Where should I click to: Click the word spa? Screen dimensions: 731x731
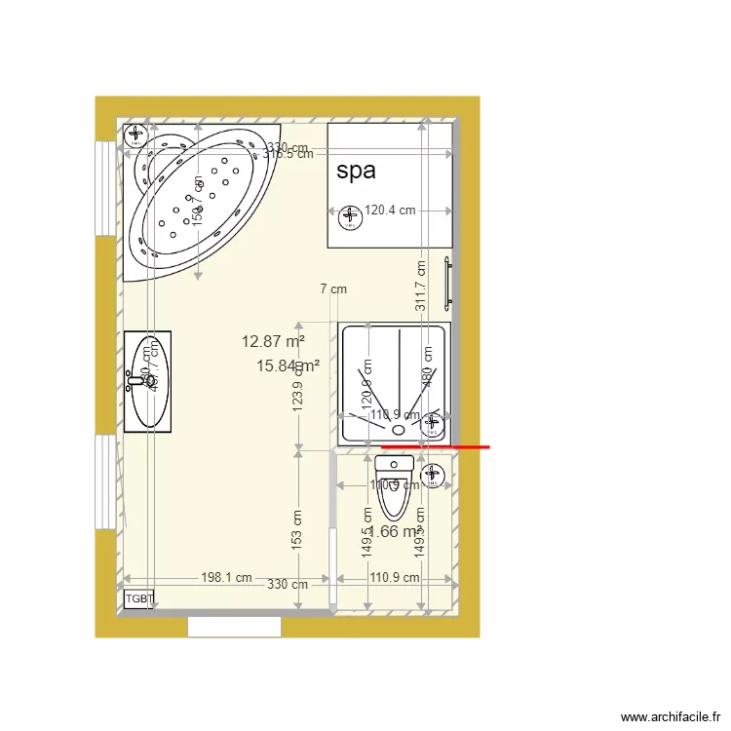point(356,171)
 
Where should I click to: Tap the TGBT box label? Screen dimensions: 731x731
point(139,598)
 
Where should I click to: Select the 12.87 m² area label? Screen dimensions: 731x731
point(273,341)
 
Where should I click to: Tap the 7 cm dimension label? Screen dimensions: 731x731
point(333,289)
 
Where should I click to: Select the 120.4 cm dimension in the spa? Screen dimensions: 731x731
point(390,210)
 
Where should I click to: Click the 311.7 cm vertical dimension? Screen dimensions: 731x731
point(421,285)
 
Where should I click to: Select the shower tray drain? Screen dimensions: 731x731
point(398,429)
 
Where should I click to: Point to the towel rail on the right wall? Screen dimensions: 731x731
point(447,284)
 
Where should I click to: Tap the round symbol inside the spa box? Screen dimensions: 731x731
point(348,214)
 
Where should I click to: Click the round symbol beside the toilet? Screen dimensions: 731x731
point(434,475)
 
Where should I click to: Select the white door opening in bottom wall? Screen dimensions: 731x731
point(234,626)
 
